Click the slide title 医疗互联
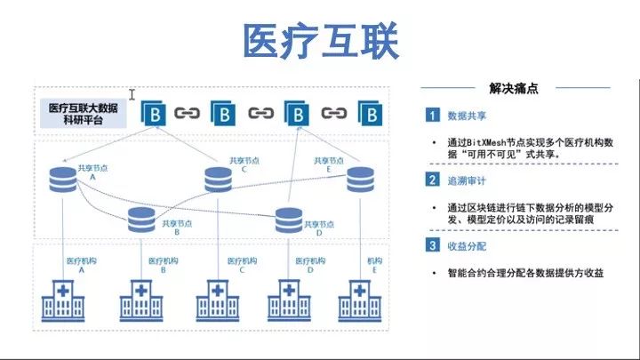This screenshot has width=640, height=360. coord(321,41)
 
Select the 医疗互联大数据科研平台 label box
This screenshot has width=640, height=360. coord(84,114)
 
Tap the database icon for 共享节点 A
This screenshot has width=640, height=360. coord(63,180)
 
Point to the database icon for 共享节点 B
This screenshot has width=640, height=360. coord(141,220)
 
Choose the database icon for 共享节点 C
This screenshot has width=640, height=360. coord(218,180)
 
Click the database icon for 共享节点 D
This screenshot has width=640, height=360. coord(289,220)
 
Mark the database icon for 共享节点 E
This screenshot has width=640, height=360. coord(360,180)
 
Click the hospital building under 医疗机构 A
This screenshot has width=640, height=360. coord(63,300)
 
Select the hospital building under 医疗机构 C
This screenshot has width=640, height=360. coord(218,300)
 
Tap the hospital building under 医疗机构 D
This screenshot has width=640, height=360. coord(289,300)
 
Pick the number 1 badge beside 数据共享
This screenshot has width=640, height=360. coord(432,115)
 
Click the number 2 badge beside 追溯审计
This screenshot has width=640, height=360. coord(432,180)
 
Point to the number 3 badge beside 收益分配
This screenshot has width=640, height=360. coord(432,245)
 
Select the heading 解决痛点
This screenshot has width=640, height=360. coord(514,88)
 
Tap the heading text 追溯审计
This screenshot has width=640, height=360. coord(467,180)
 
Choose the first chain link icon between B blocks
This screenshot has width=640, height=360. coord(187,113)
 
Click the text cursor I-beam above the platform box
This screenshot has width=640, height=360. coord(132,95)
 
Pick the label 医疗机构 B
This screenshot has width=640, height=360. coord(164,265)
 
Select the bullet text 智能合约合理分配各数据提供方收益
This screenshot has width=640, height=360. coord(525,273)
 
